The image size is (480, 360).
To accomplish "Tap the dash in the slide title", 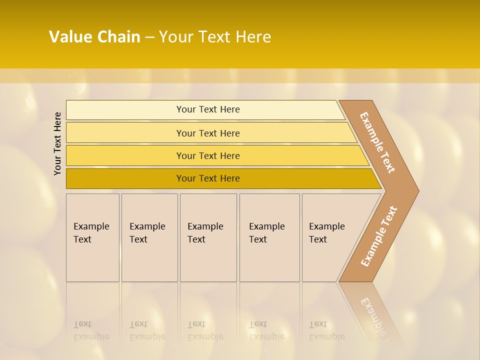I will (149, 37).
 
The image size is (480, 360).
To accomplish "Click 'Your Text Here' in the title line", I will (215, 37).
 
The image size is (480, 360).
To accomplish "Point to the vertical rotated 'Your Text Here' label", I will (57, 143).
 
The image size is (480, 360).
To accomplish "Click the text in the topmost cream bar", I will (208, 109).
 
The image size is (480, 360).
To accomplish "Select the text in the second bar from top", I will (208, 133).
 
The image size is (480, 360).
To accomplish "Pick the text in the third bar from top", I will (208, 155).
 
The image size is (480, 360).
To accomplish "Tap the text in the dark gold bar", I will (208, 178).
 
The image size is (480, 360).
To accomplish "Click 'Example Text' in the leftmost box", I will (91, 233).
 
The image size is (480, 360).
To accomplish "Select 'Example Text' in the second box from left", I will (147, 233).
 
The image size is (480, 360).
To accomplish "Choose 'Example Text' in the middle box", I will (205, 233).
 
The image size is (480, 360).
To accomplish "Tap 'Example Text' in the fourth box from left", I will (266, 233).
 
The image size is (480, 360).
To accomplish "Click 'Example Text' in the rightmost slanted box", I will (326, 233).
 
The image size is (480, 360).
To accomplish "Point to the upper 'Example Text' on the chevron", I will (377, 142).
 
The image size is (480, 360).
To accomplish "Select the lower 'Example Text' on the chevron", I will (379, 236).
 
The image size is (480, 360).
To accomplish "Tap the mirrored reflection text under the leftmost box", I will (91, 330).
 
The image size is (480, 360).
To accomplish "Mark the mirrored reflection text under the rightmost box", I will (326, 330).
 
